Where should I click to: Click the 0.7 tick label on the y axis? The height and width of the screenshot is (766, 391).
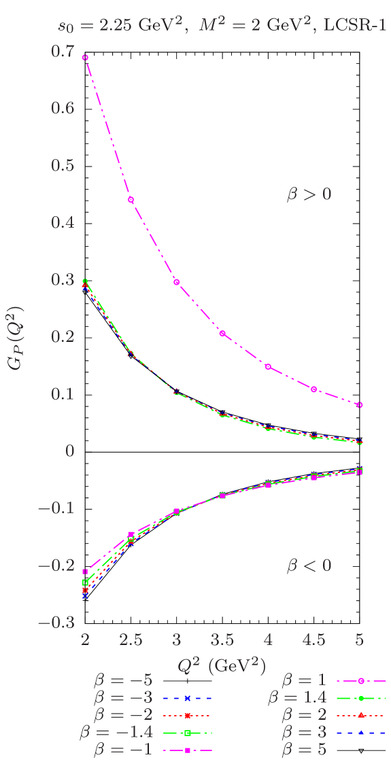[x=63, y=51]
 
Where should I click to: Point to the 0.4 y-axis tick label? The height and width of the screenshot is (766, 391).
[x=63, y=222]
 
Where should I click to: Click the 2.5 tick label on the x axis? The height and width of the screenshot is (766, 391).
[x=131, y=640]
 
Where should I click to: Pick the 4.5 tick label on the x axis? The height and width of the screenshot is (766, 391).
[x=313, y=640]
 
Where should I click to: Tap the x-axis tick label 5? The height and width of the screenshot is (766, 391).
[x=360, y=640]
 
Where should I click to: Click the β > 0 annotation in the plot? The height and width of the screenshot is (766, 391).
[x=309, y=194]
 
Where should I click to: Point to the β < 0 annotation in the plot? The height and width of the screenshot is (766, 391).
[x=309, y=565]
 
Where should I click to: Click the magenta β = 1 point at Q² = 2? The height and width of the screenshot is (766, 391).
[x=85, y=58]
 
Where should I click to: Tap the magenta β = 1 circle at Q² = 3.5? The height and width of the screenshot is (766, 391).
[x=222, y=333]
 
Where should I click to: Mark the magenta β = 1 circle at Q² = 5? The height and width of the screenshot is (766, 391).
[x=360, y=404]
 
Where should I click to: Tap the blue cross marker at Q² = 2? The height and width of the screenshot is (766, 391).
[x=85, y=596]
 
